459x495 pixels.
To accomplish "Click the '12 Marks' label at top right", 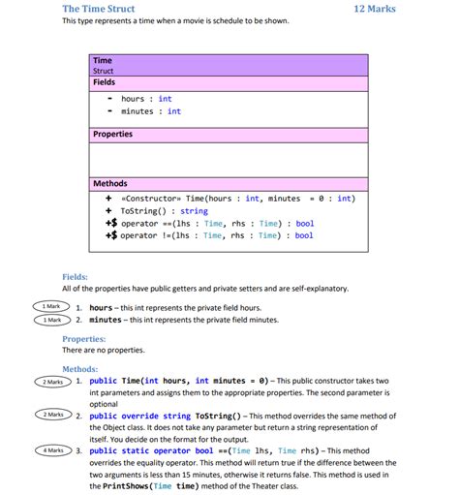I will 375,9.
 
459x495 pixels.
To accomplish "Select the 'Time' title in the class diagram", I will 102,60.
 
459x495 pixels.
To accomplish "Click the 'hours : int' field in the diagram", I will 146,99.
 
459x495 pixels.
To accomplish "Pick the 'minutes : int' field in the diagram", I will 150,111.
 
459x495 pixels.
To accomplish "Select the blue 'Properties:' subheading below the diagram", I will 83,339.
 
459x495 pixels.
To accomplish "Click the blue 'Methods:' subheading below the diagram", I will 79,369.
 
